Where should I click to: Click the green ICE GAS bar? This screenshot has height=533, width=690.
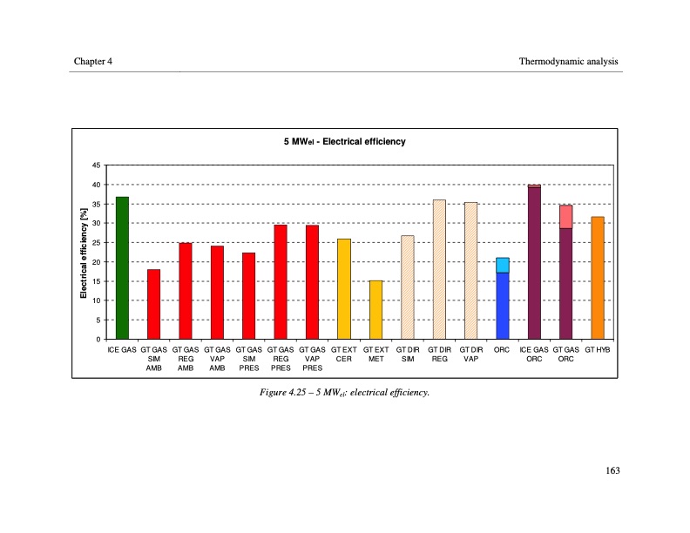tap(122, 268)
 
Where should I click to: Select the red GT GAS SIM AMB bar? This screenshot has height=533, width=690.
tap(153, 304)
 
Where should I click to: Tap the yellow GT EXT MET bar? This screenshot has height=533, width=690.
tap(375, 309)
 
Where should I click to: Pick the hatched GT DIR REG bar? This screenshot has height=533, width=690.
tap(439, 269)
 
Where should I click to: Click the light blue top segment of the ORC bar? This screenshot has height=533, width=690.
tap(503, 265)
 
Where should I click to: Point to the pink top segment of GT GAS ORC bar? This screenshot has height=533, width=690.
tap(565, 216)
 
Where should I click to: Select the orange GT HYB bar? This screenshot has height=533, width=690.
tap(597, 278)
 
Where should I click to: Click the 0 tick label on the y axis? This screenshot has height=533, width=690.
tap(98, 340)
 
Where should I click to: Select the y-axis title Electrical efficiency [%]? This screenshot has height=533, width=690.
tap(85, 253)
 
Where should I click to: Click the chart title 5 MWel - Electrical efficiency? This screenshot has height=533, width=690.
tap(344, 141)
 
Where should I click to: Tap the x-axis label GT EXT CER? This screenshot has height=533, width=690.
tap(344, 354)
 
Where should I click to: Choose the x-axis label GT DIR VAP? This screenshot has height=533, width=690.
tap(470, 354)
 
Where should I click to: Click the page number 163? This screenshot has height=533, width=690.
tap(612, 471)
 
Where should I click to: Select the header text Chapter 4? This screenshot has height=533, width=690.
tap(93, 61)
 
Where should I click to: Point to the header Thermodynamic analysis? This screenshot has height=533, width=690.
tap(568, 61)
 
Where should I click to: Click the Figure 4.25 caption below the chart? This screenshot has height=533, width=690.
tap(344, 392)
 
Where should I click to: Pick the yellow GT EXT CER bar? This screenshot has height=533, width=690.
tap(344, 288)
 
